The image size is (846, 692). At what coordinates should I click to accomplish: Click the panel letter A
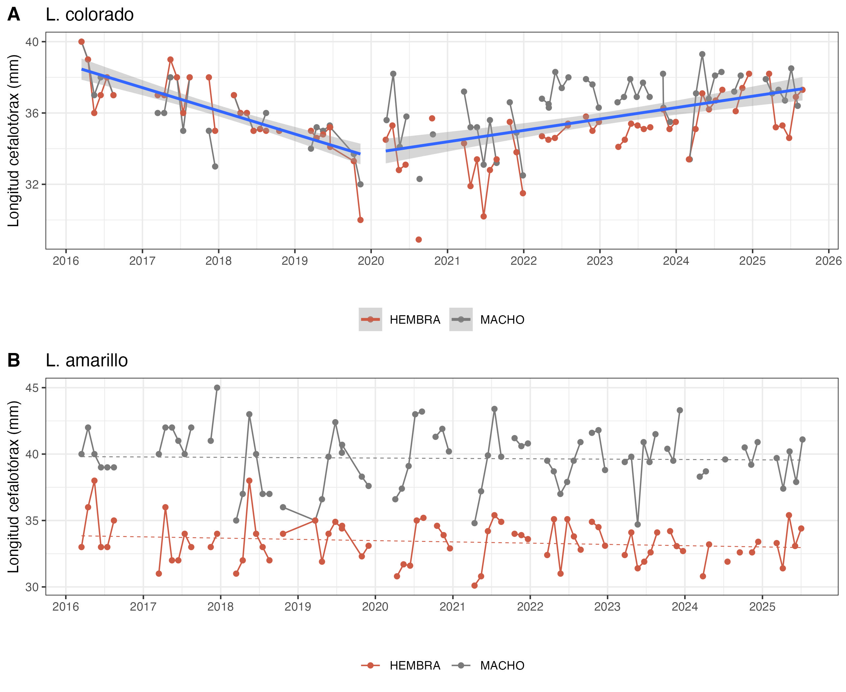coord(14,15)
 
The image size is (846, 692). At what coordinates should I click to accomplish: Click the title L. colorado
coord(89,15)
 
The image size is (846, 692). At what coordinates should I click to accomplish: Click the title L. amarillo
coord(87,360)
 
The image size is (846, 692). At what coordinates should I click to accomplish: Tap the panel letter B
coord(14,360)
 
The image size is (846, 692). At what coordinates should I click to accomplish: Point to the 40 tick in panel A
coord(32,42)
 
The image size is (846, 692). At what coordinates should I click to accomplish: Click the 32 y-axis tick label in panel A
coord(32,185)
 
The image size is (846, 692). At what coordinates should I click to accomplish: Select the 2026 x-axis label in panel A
coord(828,261)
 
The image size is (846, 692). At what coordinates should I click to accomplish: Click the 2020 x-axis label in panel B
coord(374,607)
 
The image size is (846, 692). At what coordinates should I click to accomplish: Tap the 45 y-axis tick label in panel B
coord(32,388)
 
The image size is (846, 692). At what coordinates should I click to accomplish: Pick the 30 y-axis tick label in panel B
coord(32,587)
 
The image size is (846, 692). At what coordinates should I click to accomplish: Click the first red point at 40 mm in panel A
coord(81,42)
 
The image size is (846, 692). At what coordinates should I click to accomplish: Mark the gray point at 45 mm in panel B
coord(217,388)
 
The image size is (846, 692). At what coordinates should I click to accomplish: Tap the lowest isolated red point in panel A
coord(418,240)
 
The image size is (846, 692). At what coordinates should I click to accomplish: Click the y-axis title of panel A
coord(14,141)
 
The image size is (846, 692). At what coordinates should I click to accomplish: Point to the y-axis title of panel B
coord(14,487)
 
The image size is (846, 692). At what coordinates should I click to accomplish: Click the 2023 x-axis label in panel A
coord(599,261)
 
